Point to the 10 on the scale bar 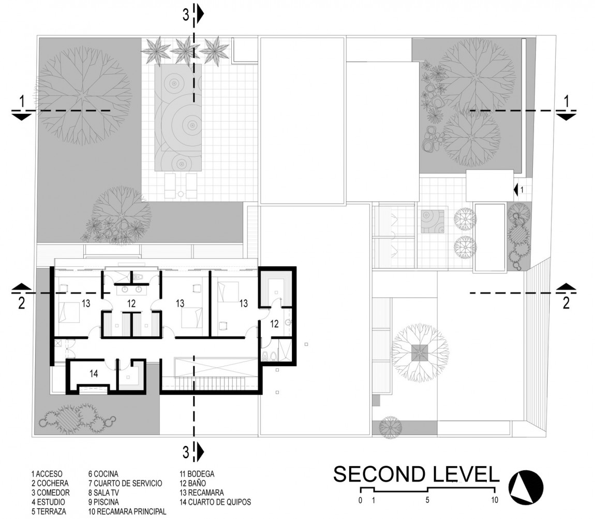click(x=495, y=500)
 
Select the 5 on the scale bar click(x=427, y=500)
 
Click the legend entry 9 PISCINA click(x=103, y=502)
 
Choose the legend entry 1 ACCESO click(x=47, y=473)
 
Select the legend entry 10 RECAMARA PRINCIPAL click(x=127, y=511)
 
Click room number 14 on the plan click(x=94, y=372)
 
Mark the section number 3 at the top click(x=186, y=15)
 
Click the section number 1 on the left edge click(x=21, y=102)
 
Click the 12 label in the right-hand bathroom click(x=274, y=324)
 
